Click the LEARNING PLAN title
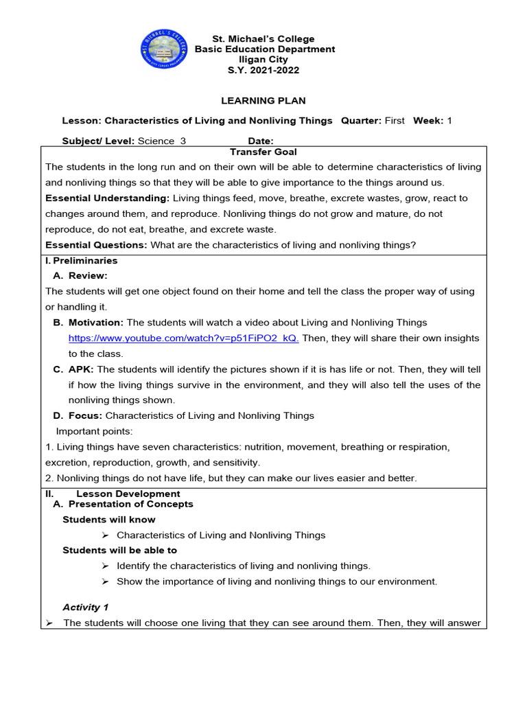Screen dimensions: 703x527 pyautogui.click(x=263, y=101)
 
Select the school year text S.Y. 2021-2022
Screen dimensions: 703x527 pyautogui.click(x=265, y=70)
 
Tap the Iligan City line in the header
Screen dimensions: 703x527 pyautogui.click(x=265, y=60)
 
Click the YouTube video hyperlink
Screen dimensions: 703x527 pyautogui.click(x=183, y=338)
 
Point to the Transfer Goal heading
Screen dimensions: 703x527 pyautogui.click(x=263, y=152)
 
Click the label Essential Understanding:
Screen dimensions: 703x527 pyautogui.click(x=107, y=198)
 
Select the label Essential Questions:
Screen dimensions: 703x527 pyautogui.click(x=96, y=245)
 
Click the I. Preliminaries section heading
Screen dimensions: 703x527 pyautogui.click(x=81, y=261)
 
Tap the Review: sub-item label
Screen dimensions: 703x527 pyautogui.click(x=88, y=276)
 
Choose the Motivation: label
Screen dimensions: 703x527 pyautogui.click(x=96, y=323)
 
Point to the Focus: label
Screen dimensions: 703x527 pyautogui.click(x=85, y=416)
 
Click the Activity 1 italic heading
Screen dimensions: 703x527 pyautogui.click(x=86, y=608)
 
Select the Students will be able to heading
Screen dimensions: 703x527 pyautogui.click(x=119, y=551)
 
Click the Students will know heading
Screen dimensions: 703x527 pyautogui.click(x=109, y=520)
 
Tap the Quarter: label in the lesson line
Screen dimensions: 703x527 pyautogui.click(x=361, y=121)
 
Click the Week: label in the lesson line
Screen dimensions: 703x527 pyautogui.click(x=428, y=121)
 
